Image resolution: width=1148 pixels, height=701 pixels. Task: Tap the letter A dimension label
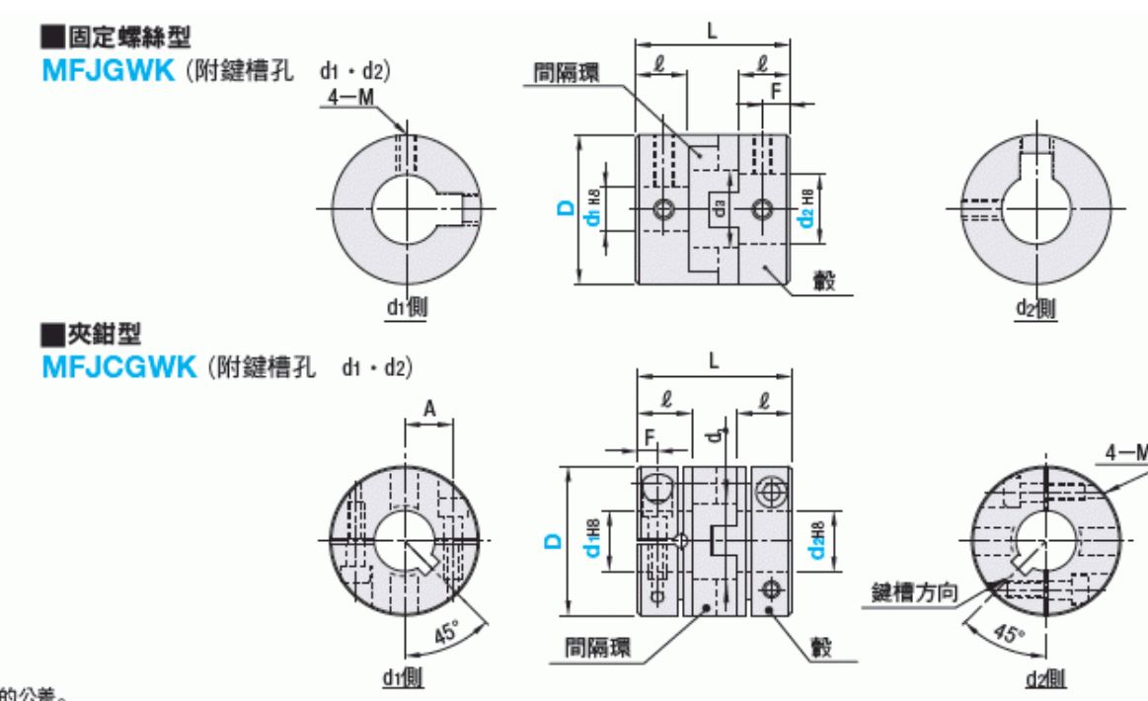427,408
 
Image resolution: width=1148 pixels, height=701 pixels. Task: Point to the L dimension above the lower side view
714,361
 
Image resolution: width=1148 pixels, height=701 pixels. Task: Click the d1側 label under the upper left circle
406,308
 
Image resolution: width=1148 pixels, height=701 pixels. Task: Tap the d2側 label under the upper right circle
1034,308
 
